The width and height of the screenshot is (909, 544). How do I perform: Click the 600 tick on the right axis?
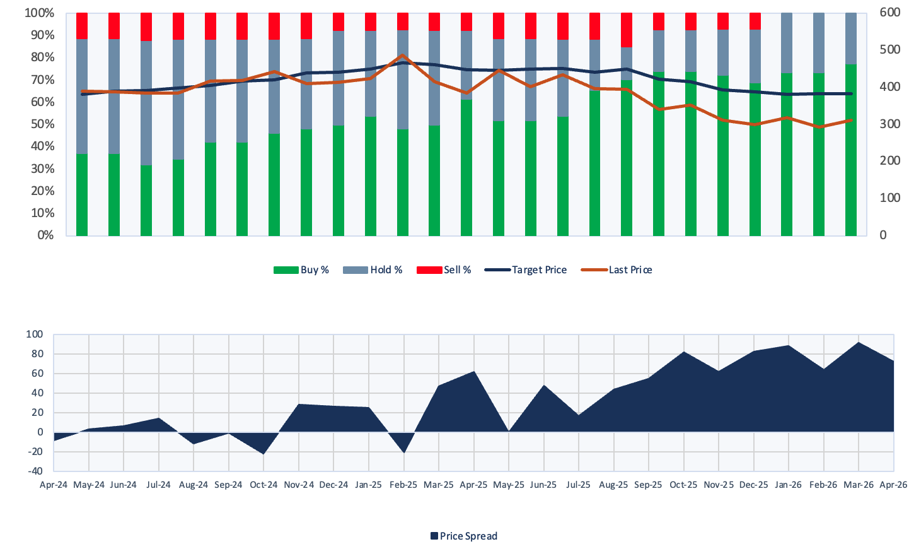[890, 13]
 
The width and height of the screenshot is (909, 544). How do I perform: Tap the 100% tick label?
[39, 13]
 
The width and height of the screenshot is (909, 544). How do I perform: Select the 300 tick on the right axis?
[890, 124]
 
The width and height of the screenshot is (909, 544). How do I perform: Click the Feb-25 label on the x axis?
[403, 485]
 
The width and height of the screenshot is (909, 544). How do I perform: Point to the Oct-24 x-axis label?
[263, 485]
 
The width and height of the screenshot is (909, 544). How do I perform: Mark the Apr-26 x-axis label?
[893, 485]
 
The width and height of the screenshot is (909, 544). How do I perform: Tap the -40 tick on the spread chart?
[35, 471]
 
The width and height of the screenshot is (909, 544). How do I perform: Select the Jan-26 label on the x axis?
[788, 485]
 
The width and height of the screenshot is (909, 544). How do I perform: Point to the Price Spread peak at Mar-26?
[859, 343]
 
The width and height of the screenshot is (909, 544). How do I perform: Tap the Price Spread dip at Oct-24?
[263, 454]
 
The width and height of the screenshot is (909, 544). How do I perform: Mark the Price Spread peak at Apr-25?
[473, 372]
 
